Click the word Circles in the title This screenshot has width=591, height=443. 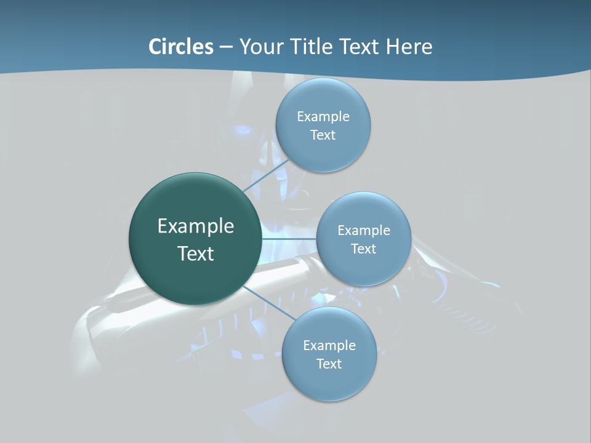point(180,47)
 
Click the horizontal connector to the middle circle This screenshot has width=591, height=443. point(289,239)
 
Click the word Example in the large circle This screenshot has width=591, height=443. point(196,226)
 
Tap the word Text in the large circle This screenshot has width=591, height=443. point(196,253)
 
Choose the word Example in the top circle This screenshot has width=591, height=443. point(323,117)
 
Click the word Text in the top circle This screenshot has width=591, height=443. point(323,135)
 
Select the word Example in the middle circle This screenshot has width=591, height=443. point(364,231)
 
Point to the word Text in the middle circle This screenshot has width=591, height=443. point(364,249)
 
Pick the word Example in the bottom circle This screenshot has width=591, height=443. point(329,346)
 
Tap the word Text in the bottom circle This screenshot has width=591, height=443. point(329,364)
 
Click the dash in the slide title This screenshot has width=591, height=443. point(225,47)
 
